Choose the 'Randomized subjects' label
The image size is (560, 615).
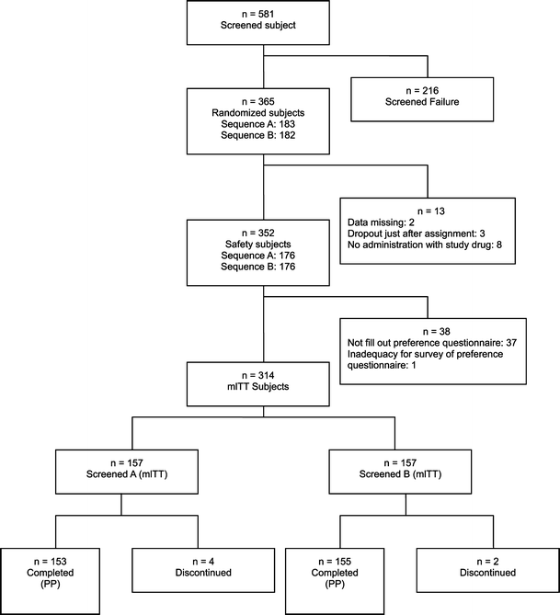(264, 111)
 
